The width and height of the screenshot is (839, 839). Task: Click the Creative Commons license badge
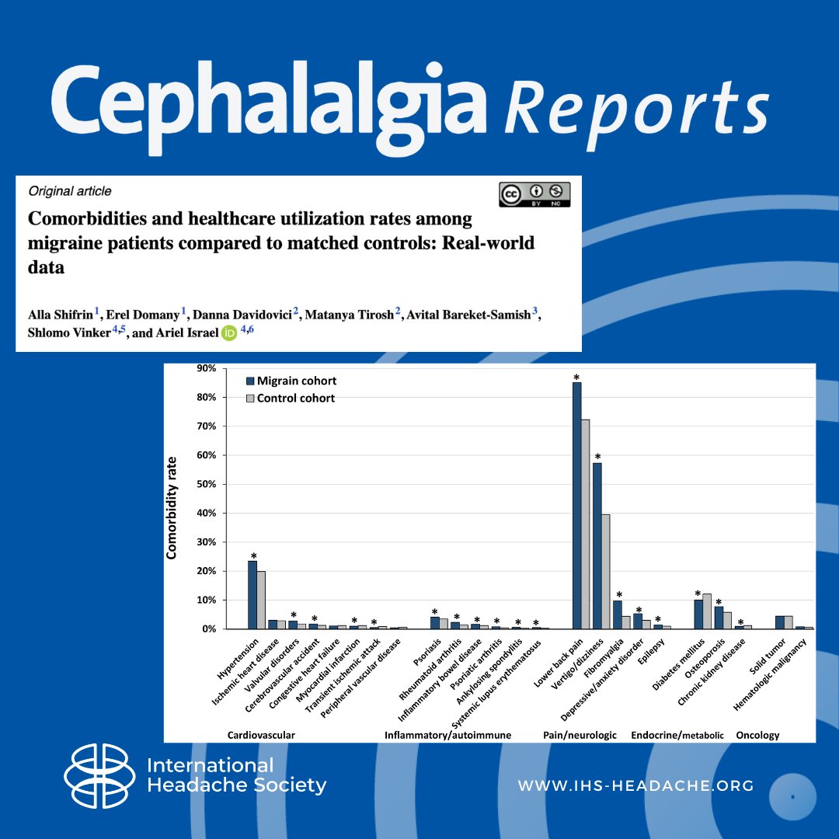pos(534,194)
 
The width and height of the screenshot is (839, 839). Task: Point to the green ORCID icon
pos(229,334)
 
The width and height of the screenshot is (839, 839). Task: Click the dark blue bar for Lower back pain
pos(577,505)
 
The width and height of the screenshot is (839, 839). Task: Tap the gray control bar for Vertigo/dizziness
pos(606,571)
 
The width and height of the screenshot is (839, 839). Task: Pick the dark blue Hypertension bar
pos(252,594)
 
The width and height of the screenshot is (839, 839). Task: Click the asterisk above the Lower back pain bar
pos(577,378)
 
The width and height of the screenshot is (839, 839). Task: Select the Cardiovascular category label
pos(261,734)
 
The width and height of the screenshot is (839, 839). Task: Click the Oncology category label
pos(757,734)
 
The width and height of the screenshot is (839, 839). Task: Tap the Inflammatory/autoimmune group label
pos(448,734)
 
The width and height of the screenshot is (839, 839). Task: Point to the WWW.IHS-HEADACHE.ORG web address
pos(636,785)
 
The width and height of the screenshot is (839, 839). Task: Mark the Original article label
pos(70,190)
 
